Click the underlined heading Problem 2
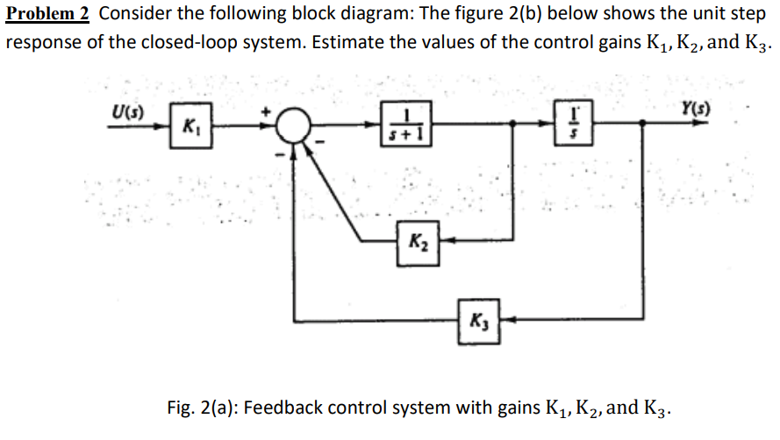[48, 14]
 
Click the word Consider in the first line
[138, 14]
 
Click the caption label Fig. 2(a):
[198, 408]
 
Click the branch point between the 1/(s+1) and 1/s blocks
[510, 126]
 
